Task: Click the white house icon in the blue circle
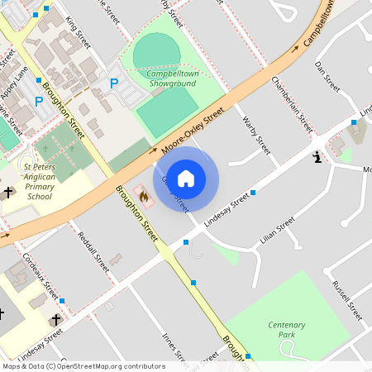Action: [x=186, y=179]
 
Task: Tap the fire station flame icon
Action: [x=144, y=198]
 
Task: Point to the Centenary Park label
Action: [x=288, y=331]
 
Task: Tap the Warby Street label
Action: [x=257, y=135]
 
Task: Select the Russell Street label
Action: [x=347, y=300]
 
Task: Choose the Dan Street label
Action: [x=327, y=75]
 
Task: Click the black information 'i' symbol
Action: [x=316, y=156]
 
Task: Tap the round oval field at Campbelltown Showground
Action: [x=156, y=51]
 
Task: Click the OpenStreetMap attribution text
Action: [x=83, y=365]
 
